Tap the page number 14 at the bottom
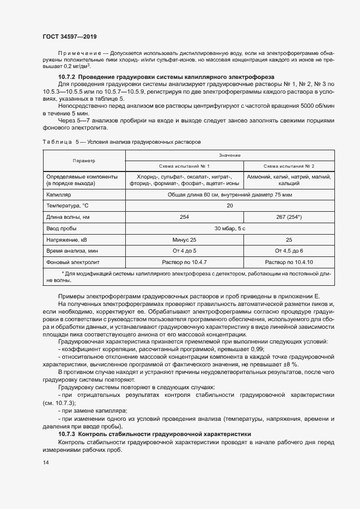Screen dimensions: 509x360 point(45,462)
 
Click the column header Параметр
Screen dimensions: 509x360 point(84,161)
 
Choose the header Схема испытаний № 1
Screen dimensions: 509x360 point(184,165)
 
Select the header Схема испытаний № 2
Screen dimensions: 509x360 point(289,165)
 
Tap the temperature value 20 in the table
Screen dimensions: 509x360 point(230,205)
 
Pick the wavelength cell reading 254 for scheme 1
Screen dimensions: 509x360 point(184,217)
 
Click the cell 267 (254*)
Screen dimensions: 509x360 point(289,217)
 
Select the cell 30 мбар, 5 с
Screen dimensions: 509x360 point(230,229)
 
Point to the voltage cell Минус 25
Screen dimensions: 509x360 point(184,240)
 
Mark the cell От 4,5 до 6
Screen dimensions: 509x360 point(289,251)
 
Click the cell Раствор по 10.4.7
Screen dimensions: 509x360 point(184,262)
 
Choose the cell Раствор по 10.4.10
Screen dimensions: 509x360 point(289,262)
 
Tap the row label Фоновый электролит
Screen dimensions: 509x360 point(71,262)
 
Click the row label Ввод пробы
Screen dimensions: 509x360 point(62,229)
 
